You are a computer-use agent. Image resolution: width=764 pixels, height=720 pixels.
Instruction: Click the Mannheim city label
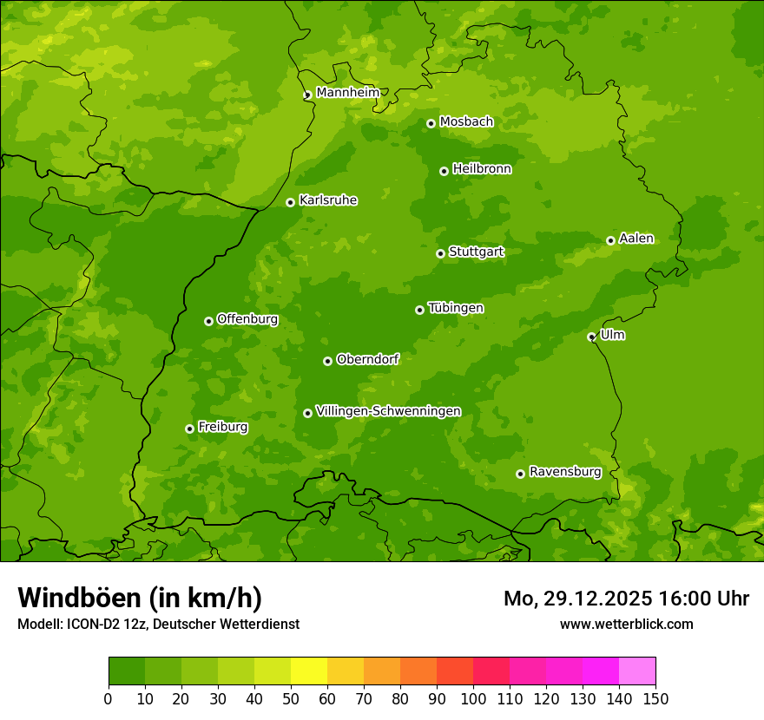pyautogui.click(x=348, y=93)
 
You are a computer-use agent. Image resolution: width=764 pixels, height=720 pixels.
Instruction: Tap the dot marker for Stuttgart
pyautogui.click(x=440, y=253)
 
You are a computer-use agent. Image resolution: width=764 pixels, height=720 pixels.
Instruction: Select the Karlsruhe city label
pyautogui.click(x=328, y=200)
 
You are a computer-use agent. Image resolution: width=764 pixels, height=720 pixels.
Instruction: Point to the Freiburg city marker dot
pyautogui.click(x=189, y=429)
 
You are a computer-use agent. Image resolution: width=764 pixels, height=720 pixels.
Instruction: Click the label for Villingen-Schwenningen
pyautogui.click(x=388, y=411)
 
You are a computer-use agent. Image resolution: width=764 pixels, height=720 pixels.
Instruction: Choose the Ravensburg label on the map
pyautogui.click(x=565, y=472)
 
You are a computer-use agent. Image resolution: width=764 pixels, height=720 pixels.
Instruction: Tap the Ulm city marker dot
pyautogui.click(x=591, y=337)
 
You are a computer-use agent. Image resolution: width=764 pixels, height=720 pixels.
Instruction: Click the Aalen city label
pyautogui.click(x=636, y=239)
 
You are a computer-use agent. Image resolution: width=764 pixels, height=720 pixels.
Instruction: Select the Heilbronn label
pyautogui.click(x=482, y=169)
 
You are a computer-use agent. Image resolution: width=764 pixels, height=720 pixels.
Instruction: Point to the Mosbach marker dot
pyautogui.click(x=431, y=123)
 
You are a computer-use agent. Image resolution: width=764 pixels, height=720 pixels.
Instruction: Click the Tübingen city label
pyautogui.click(x=456, y=308)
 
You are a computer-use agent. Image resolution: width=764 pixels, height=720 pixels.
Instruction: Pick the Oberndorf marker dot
pyautogui.click(x=327, y=361)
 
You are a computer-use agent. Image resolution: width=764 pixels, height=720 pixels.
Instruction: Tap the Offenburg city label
pyautogui.click(x=247, y=319)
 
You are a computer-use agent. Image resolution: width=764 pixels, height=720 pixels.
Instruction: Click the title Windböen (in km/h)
pyautogui.click(x=140, y=598)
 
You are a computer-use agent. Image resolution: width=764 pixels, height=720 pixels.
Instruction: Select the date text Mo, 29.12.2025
pyautogui.click(x=573, y=599)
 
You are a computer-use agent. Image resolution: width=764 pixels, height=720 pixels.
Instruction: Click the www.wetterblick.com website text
pyautogui.click(x=626, y=624)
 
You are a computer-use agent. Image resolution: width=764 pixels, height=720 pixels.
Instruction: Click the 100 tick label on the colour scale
pyautogui.click(x=473, y=698)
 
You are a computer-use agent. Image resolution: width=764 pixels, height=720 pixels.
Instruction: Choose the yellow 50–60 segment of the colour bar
pyautogui.click(x=309, y=671)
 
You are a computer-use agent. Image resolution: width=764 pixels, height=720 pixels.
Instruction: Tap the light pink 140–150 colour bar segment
pyautogui.click(x=637, y=671)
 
